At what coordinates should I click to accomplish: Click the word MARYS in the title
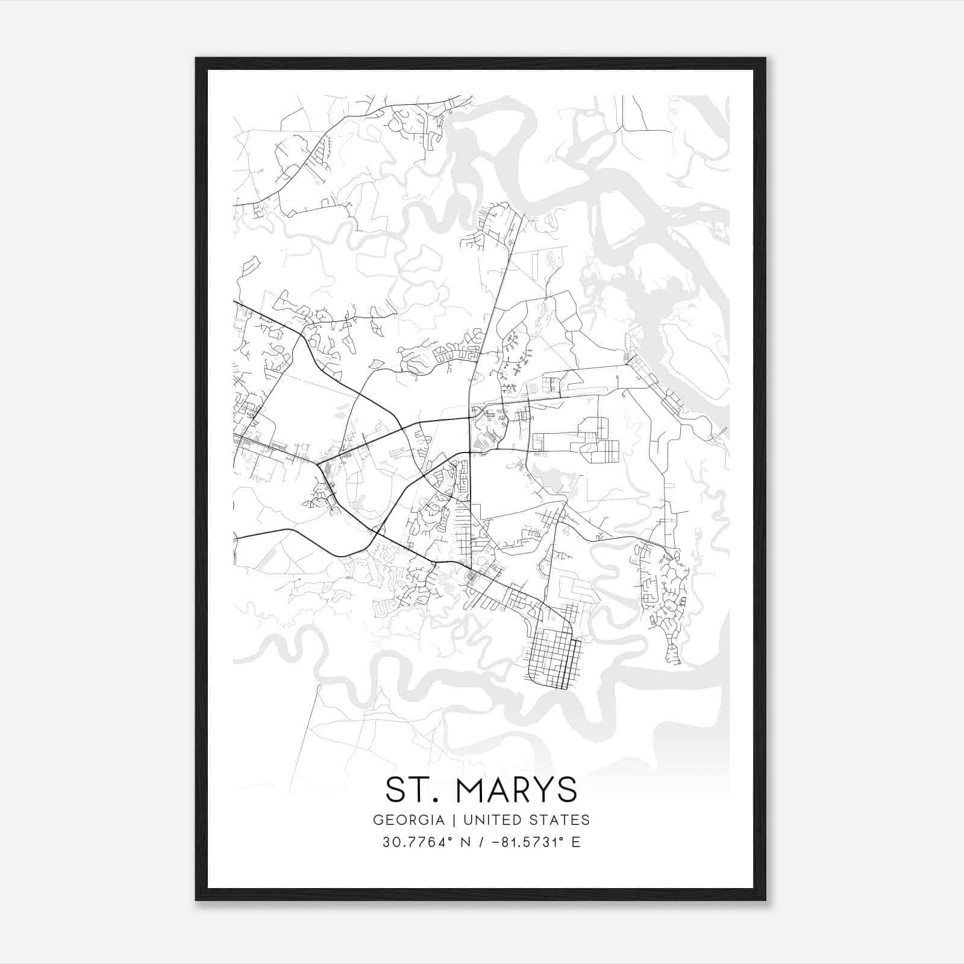(x=516, y=790)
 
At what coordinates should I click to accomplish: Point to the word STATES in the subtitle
(x=560, y=820)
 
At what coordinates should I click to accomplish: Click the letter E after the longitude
(x=576, y=842)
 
